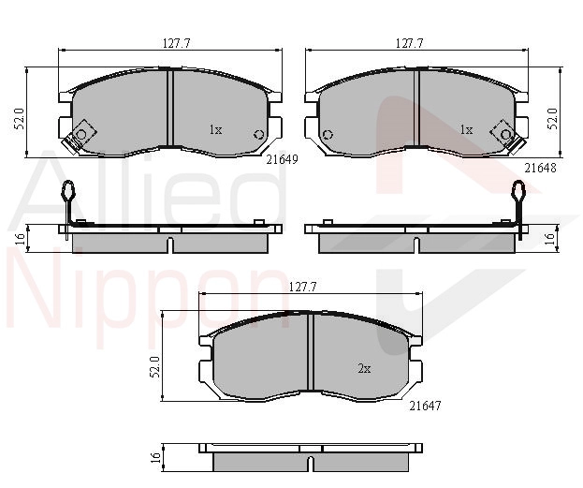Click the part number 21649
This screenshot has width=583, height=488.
283,159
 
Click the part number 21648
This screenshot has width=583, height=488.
540,169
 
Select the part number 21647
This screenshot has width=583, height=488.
425,406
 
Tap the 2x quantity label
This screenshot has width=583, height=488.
364,368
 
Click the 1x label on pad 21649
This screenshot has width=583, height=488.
215,130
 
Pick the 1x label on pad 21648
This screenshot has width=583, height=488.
466,130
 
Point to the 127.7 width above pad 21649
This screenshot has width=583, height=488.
177,43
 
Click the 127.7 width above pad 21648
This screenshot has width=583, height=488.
409,43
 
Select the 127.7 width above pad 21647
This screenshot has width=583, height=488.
302,287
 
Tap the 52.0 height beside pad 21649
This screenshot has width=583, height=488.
19,119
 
